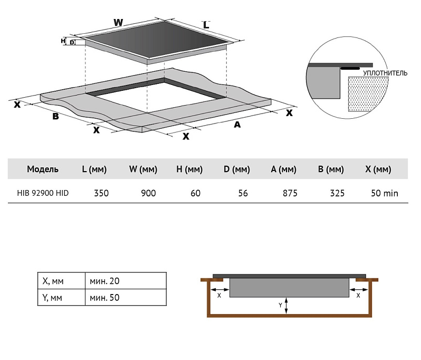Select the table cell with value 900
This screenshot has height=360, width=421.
point(148,193)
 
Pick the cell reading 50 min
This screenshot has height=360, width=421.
point(384,193)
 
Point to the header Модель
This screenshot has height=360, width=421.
point(43,169)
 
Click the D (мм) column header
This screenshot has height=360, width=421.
point(236,169)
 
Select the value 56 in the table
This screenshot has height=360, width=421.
point(243,193)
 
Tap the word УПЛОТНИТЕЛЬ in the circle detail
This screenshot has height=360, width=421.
point(385,73)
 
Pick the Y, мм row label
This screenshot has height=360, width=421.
point(52,297)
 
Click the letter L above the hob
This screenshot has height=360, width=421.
point(206,25)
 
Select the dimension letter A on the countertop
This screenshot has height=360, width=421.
point(237,125)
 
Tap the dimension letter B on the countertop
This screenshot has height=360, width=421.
point(55,116)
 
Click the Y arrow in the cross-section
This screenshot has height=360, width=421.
point(285,305)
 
